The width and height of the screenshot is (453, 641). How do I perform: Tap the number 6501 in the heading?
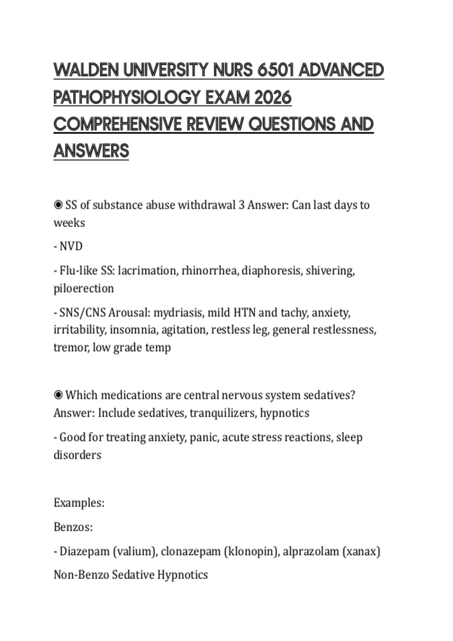(x=276, y=70)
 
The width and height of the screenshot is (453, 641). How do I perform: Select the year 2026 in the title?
(x=273, y=97)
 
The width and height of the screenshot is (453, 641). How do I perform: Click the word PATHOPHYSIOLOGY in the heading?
(x=126, y=97)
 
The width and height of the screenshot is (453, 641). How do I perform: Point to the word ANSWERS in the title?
(x=91, y=151)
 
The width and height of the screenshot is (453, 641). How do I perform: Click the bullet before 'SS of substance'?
(x=58, y=205)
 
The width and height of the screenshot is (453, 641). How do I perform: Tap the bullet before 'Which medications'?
(x=58, y=395)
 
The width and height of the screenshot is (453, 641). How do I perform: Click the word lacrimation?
(x=147, y=271)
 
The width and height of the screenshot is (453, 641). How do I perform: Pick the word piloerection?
(x=83, y=288)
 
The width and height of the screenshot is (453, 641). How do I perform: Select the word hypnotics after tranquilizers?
(x=285, y=413)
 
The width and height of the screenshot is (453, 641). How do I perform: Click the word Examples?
(x=79, y=503)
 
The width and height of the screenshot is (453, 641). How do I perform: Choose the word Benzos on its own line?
(x=73, y=527)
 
